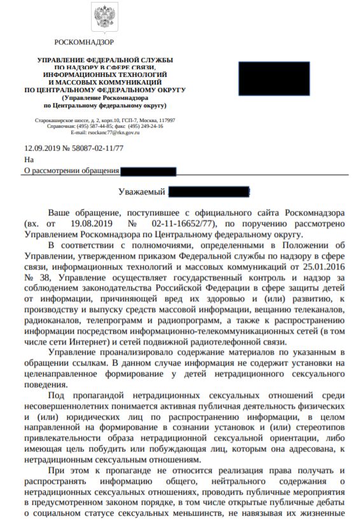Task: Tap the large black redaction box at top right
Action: pyautogui.click(x=273, y=78)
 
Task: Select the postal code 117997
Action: pyautogui.click(x=167, y=120)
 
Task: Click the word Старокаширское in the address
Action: pyautogui.click(x=53, y=120)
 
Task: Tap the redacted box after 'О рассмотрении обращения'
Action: pyautogui.click(x=148, y=170)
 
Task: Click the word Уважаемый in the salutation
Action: pyautogui.click(x=142, y=191)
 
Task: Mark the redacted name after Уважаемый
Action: pyautogui.click(x=209, y=191)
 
